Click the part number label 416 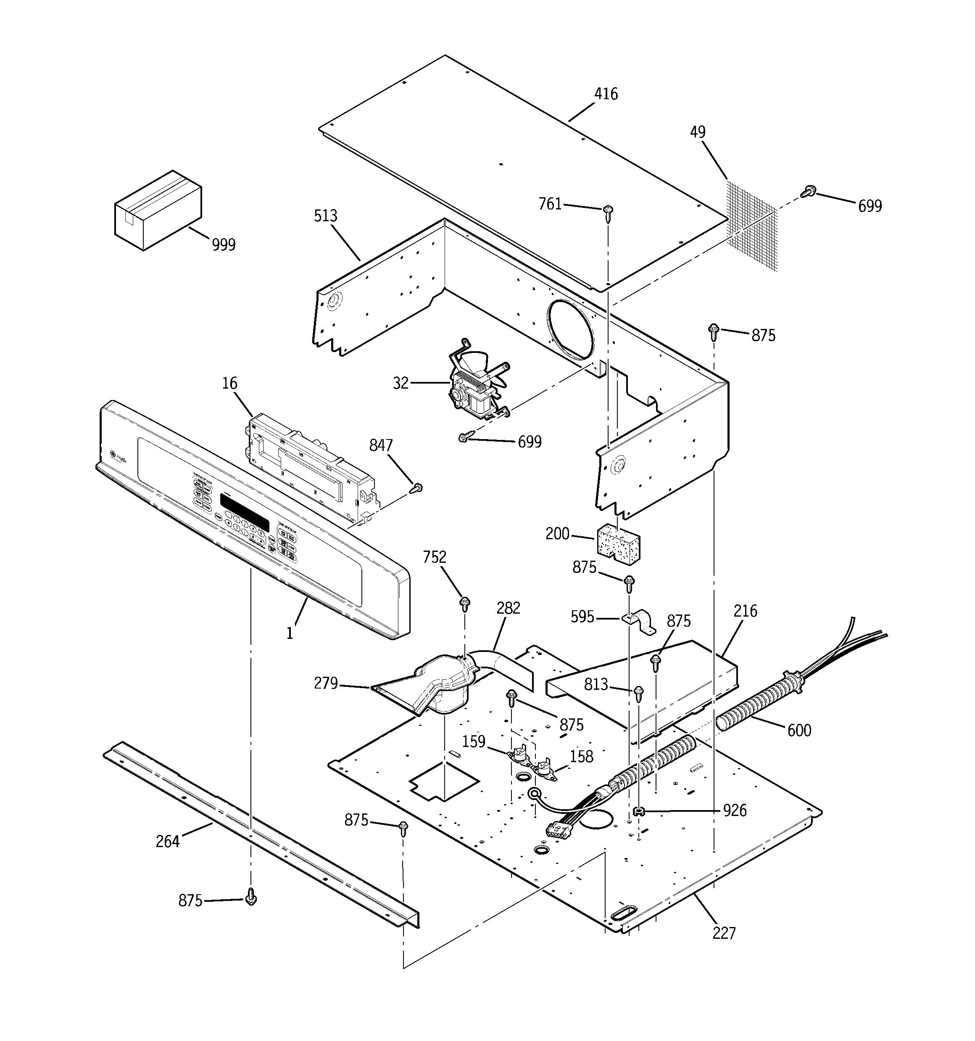point(606,94)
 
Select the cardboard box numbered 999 point(158,210)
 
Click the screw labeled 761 point(608,212)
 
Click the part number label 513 point(326,216)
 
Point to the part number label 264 point(167,842)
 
